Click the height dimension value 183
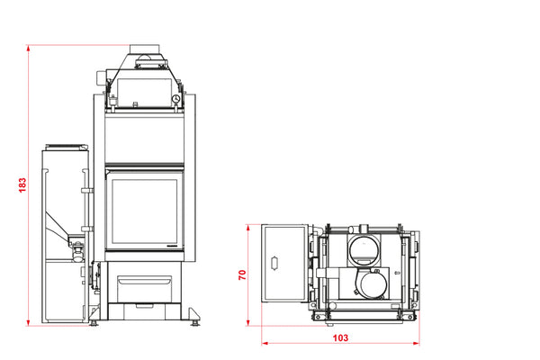tap(22, 185)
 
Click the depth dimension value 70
tap(242, 274)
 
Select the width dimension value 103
tap(340, 338)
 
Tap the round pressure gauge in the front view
tap(176, 99)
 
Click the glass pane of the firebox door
tap(145, 211)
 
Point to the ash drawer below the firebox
tap(145, 288)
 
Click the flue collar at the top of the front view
tap(144, 49)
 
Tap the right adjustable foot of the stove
tap(194, 323)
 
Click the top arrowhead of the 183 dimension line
tap(28, 48)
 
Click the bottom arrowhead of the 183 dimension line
tap(28, 322)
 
